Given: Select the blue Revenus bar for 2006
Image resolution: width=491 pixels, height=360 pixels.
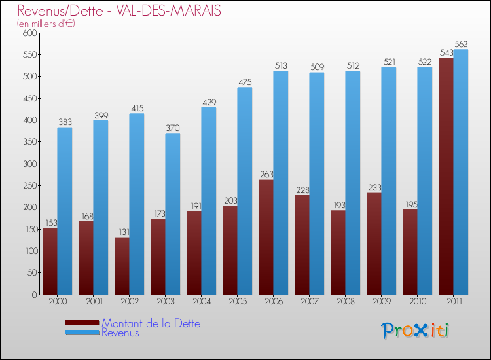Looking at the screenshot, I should coord(281,183).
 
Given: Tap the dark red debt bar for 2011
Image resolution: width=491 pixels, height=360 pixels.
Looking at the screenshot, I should coord(446,176).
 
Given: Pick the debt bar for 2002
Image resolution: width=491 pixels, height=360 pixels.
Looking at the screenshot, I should coord(122,266).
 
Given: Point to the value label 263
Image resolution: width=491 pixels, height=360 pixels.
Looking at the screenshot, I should coord(266,174).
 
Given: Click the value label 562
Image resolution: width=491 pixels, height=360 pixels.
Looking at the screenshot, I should coord(461,45).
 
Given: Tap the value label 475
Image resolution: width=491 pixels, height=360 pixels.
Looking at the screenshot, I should coord(245,82).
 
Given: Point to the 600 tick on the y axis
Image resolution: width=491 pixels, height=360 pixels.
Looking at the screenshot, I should coord(29,33).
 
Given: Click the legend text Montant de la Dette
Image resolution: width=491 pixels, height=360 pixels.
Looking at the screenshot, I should coord(151,323).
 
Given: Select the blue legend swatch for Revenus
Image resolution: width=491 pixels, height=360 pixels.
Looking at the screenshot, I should coord(82,333).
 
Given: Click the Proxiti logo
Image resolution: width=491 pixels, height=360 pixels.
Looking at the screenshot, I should coord(415,331).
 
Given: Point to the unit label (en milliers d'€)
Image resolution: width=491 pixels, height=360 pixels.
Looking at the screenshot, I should coord(46,24).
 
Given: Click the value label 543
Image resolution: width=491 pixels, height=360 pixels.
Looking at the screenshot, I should coord(446,52).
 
